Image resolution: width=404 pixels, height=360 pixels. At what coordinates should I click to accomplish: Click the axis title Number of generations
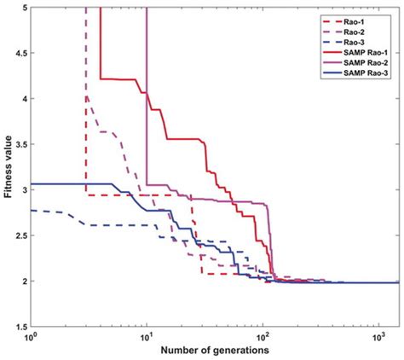[213, 351]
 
